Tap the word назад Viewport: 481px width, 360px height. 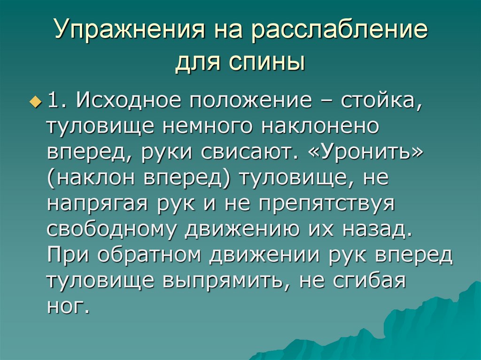377,231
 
